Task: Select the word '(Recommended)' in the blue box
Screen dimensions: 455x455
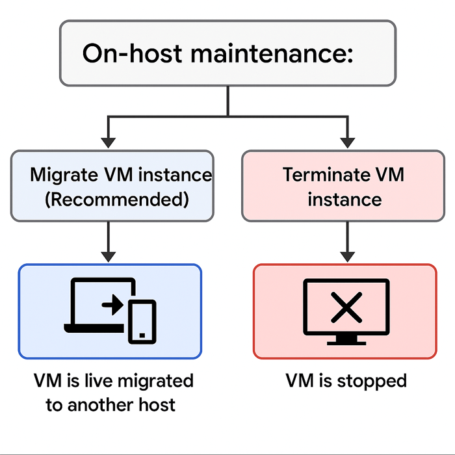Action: (116, 199)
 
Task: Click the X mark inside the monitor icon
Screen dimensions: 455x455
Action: (346, 307)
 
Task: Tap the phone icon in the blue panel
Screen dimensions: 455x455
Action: (142, 321)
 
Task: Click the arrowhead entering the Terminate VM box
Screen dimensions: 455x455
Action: (348, 141)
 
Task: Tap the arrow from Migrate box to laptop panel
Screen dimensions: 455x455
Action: (109, 240)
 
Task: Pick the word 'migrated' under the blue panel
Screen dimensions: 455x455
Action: (149, 380)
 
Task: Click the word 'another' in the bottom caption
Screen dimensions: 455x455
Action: (103, 405)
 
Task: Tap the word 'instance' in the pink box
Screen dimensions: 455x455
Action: (344, 199)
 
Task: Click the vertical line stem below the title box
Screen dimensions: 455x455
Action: (227, 101)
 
